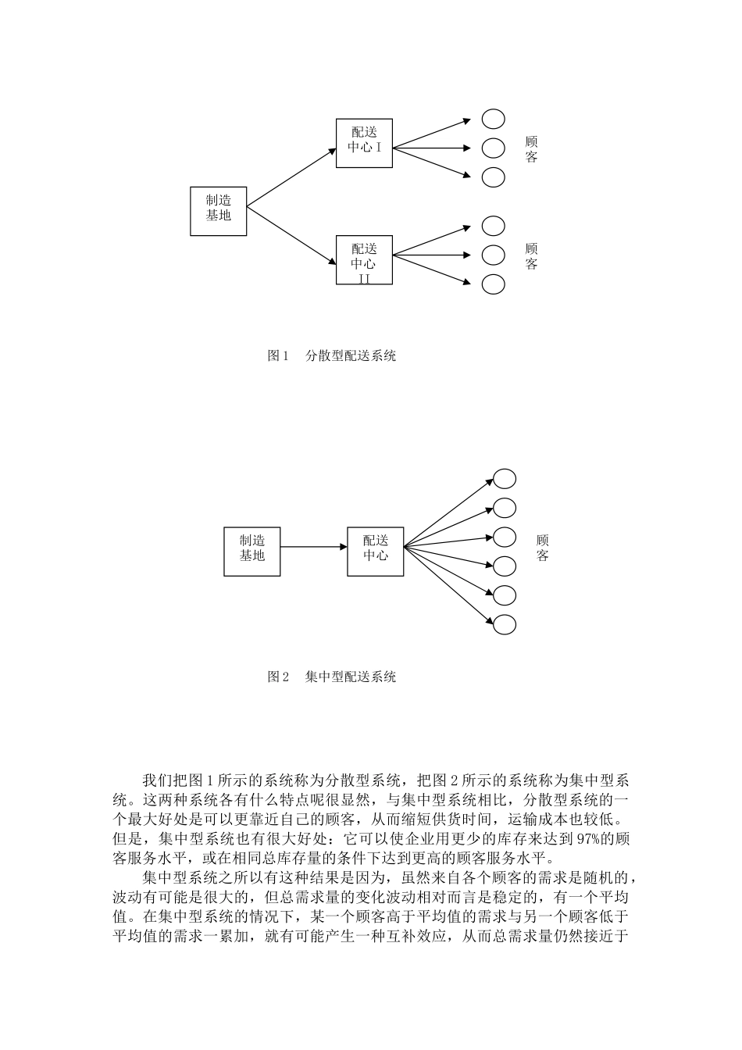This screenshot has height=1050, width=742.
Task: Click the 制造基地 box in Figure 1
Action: point(219,211)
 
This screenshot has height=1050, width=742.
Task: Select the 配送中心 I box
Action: point(364,143)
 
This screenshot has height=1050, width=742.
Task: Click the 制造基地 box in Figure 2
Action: point(251,552)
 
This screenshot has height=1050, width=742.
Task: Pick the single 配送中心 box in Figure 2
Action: point(375,552)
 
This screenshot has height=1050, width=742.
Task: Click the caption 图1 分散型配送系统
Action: point(332,356)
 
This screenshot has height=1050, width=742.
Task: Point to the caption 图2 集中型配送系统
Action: point(332,677)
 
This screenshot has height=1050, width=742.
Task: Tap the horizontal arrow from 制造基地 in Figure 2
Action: point(313,547)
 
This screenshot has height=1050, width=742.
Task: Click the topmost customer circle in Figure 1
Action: point(493,119)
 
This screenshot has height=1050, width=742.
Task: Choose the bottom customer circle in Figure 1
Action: point(493,284)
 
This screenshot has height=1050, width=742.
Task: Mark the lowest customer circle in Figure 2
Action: point(504,624)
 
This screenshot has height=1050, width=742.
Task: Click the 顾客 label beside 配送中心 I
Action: point(532,149)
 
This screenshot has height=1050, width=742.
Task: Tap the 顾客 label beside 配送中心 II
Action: point(532,256)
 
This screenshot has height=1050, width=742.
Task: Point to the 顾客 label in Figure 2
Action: point(543,548)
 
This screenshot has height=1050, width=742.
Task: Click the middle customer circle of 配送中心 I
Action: point(493,148)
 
